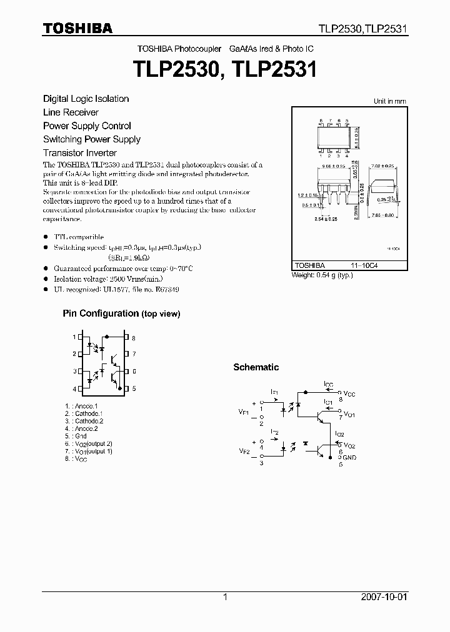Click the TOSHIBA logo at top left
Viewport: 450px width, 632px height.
tap(77, 28)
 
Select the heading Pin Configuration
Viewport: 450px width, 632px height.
tap(101, 314)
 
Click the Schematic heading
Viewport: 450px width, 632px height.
tap(256, 367)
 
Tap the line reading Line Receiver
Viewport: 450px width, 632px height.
tap(71, 112)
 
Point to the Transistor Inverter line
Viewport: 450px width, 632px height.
tap(80, 153)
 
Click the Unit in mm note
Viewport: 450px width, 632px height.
tap(389, 101)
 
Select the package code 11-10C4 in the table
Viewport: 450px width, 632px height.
tap(367, 265)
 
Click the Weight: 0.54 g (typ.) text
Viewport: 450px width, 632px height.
tap(322, 275)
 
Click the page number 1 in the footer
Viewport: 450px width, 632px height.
tap(225, 597)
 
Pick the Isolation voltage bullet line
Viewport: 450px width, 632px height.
tap(100, 279)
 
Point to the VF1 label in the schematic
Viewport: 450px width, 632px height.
tap(244, 412)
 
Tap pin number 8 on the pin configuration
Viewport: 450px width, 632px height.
tap(134, 337)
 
